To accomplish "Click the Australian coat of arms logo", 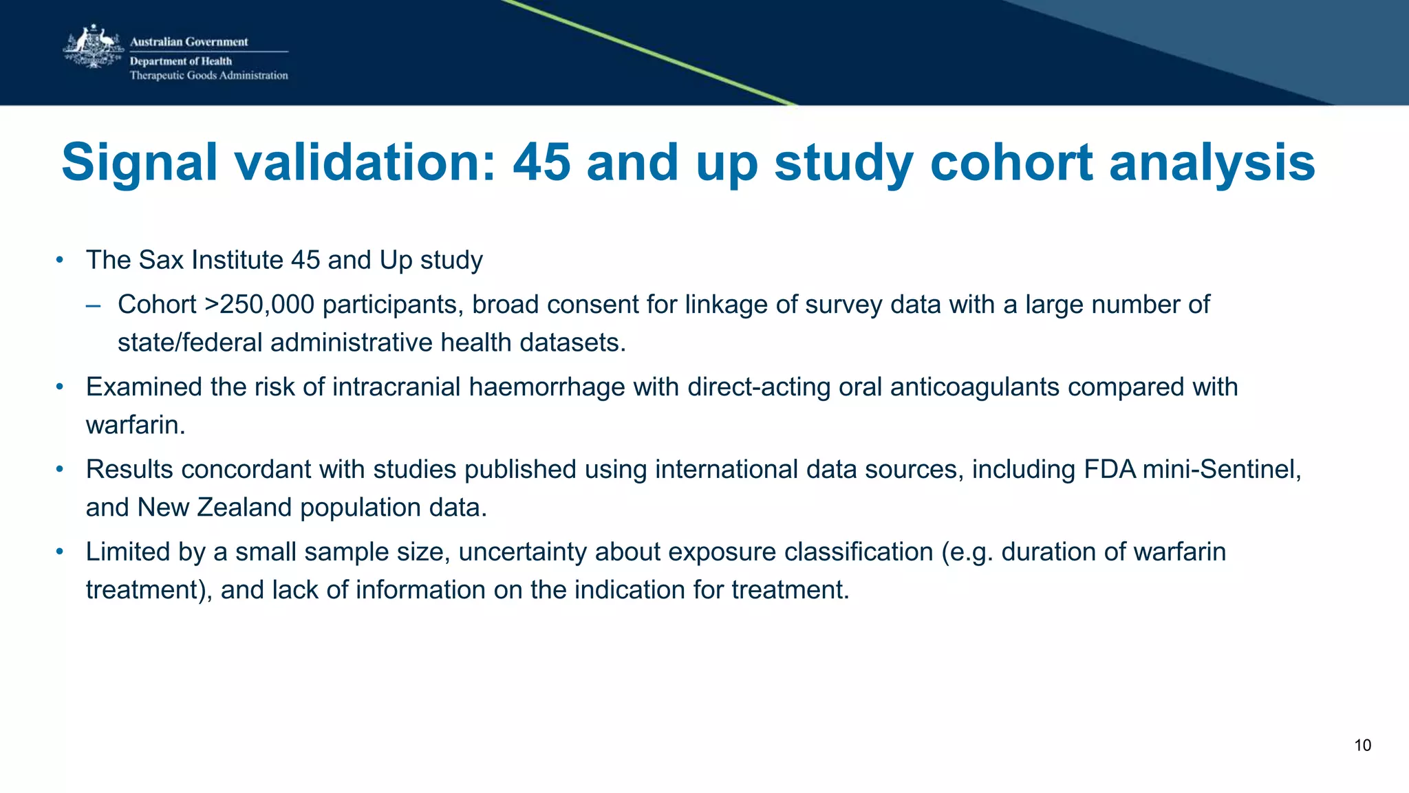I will click(x=93, y=47).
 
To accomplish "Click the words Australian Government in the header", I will click(x=189, y=42).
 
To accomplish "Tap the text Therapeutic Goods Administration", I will click(x=208, y=76).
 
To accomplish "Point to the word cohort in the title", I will click(x=1011, y=162).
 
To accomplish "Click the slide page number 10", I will click(x=1362, y=746).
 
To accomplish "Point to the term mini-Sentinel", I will click(x=1221, y=470).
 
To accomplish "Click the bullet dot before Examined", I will click(x=60, y=387).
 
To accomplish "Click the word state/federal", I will click(x=190, y=343).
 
